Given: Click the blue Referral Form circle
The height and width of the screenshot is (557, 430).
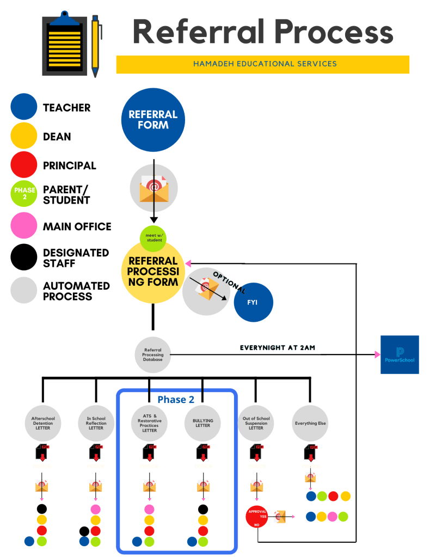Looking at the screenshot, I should coord(153,120).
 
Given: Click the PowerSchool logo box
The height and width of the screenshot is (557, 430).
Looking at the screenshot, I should coord(400,354).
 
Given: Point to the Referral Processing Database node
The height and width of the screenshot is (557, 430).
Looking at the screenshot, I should coord(153,355).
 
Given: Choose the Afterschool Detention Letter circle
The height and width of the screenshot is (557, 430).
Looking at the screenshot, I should coord(43,423).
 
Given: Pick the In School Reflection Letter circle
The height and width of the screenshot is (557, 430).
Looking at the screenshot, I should coord(96,423).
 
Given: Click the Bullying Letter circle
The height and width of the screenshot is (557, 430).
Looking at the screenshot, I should coord(203,423).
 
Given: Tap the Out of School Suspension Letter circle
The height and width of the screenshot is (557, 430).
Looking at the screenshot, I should coord(256,423).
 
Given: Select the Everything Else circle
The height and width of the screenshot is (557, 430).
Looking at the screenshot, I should coord(310,423).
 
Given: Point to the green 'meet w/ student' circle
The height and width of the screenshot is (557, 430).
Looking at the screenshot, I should coord(154,237).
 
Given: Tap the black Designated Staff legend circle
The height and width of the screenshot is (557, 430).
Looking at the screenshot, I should coord(23,258).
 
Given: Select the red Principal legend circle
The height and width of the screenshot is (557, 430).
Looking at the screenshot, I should coord(23,166).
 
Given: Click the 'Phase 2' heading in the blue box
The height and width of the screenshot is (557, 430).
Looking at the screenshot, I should coord(176,400).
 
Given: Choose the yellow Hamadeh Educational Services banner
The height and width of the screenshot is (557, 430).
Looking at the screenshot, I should coord(262,64).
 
